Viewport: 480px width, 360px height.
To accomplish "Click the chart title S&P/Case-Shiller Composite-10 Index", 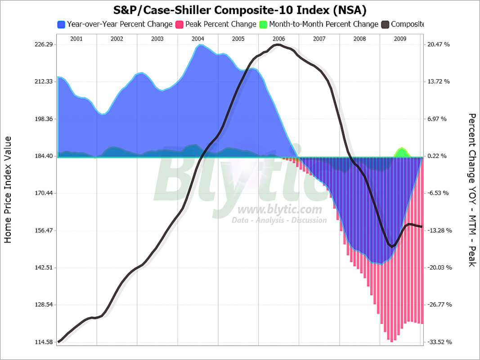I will [x=240, y=9].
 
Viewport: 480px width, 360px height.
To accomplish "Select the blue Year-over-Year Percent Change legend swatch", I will [x=62, y=24].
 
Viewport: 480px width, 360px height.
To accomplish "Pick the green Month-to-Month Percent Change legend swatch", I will [x=263, y=24].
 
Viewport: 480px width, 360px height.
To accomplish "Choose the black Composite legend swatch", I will [x=385, y=24].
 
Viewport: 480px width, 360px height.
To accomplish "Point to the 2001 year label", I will [x=76, y=39].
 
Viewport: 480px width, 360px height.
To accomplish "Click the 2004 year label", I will [x=197, y=39].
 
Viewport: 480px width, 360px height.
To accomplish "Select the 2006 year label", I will [x=278, y=39].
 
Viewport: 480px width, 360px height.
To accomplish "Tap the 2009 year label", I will [x=399, y=39].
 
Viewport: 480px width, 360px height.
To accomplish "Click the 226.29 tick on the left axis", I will [x=44, y=45].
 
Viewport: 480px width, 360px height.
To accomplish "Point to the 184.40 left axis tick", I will [x=44, y=156].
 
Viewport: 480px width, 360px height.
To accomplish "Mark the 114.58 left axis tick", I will [x=44, y=342].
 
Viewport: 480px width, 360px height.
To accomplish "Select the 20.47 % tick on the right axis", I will [x=439, y=45].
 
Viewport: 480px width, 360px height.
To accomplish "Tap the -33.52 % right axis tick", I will [x=439, y=342].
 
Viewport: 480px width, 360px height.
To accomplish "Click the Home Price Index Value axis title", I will [x=8, y=189].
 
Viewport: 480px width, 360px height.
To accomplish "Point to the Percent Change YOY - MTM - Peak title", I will [x=471, y=189].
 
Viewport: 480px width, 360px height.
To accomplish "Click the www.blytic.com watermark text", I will [x=280, y=209].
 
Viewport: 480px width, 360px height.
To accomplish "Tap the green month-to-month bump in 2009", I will [x=401, y=152].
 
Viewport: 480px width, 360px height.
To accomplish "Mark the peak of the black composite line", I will [x=278, y=45].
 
